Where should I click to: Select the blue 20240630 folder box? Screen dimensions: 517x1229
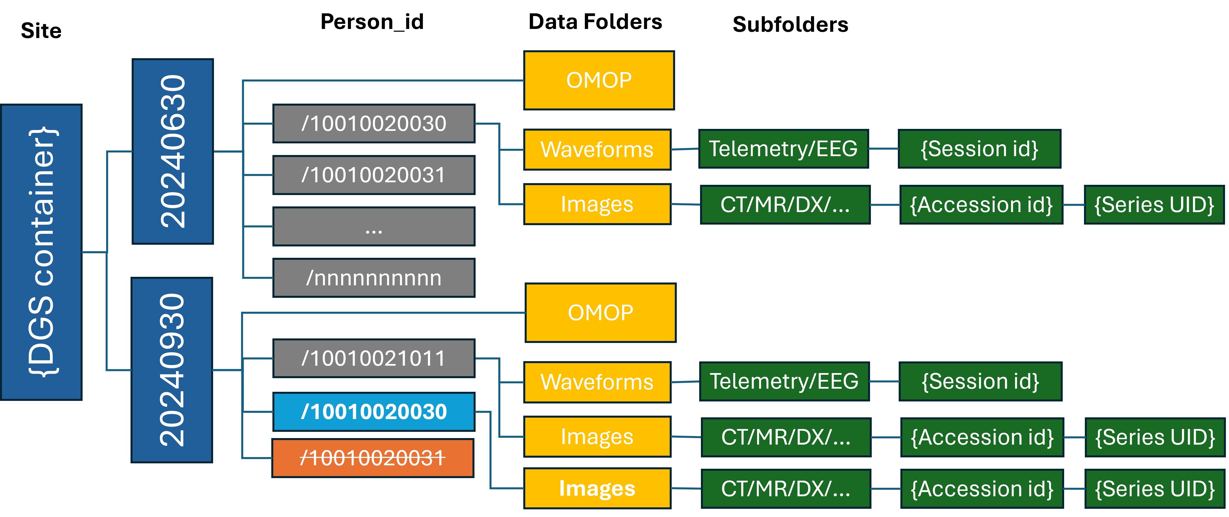click(x=172, y=151)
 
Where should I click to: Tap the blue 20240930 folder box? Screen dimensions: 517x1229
click(x=172, y=370)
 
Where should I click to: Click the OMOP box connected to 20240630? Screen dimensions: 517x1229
click(x=599, y=80)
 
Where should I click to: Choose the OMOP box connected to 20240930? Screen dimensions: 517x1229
click(x=600, y=313)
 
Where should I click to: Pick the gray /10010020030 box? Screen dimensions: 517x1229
click(x=373, y=124)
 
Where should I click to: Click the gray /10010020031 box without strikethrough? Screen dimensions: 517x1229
click(x=373, y=175)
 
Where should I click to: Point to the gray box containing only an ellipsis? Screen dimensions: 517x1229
click(x=373, y=226)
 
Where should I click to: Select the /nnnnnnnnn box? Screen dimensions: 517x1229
click(x=373, y=278)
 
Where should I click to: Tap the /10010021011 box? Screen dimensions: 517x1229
click(x=373, y=358)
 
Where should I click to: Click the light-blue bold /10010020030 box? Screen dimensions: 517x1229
click(x=373, y=411)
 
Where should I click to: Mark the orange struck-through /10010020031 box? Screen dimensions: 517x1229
click(x=373, y=458)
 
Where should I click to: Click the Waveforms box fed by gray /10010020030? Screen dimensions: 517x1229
click(x=597, y=149)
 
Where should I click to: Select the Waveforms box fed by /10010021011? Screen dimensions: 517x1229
click(x=597, y=382)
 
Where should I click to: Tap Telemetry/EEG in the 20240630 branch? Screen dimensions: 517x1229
click(x=783, y=148)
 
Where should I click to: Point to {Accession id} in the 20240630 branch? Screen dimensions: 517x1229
click(x=981, y=205)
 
